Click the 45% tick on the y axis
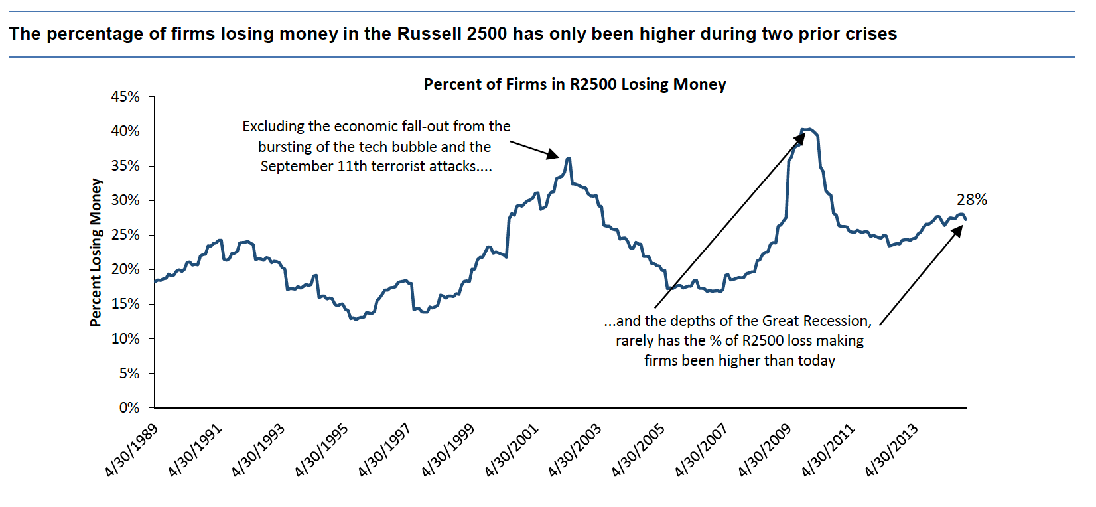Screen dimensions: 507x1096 click(x=125, y=97)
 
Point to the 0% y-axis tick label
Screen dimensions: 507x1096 click(x=129, y=408)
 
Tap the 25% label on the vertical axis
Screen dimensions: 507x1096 click(x=125, y=235)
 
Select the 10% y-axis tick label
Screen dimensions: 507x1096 click(x=125, y=339)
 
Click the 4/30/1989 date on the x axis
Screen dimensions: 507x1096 click(x=132, y=450)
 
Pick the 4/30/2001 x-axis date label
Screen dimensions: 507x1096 click(x=512, y=450)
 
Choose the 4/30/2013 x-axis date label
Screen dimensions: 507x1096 click(x=892, y=450)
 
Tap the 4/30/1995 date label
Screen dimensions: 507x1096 click(x=322, y=450)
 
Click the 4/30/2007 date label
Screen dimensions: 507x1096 click(x=702, y=450)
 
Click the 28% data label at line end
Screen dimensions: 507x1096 click(x=971, y=200)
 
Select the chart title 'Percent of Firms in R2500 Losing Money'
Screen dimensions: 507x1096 click(x=575, y=84)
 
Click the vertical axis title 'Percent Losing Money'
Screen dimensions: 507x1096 click(x=96, y=252)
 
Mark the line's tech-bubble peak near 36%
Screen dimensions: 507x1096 click(x=569, y=158)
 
